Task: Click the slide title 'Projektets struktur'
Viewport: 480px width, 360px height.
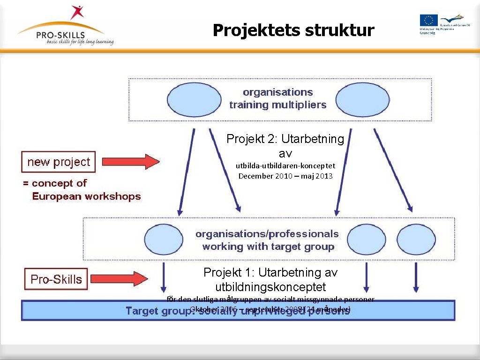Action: tap(293, 30)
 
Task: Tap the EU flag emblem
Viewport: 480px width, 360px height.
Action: tap(428, 20)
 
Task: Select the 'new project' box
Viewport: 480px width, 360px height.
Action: tap(59, 162)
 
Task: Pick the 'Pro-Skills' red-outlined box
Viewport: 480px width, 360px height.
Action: tap(56, 279)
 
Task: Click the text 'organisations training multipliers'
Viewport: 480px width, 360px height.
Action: tap(278, 98)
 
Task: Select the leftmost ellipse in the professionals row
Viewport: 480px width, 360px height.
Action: tap(164, 240)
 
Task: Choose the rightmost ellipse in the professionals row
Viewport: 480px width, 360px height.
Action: tap(416, 240)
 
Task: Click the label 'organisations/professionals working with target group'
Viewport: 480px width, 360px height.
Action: tap(267, 240)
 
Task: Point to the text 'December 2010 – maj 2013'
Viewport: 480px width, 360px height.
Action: tap(285, 176)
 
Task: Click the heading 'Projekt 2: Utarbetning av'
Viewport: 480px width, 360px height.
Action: tap(285, 146)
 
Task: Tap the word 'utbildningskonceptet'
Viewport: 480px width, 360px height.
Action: tap(270, 287)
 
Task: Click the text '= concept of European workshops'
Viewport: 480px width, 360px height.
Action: tap(82, 190)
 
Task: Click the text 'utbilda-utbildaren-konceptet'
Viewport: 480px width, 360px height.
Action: tap(285, 165)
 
